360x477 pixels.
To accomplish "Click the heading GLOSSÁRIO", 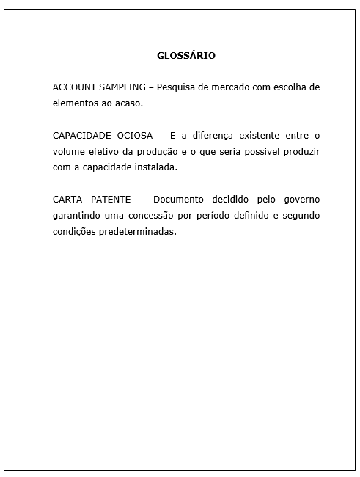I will coord(186,55).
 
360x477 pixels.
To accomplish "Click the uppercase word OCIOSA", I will coord(133,136).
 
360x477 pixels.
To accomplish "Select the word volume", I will coord(69,151).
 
